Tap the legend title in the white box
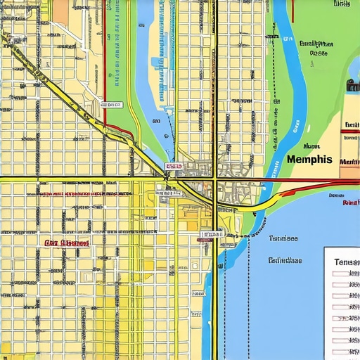tap(347, 262)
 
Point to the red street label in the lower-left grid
tap(67, 243)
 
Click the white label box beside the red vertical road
tap(111, 105)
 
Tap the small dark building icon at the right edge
tap(352, 85)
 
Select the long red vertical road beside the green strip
tap(104, 63)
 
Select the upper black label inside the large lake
tap(283, 238)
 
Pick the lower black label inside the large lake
tap(285, 260)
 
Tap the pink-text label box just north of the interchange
tap(173, 167)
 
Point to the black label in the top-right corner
tap(342, 4)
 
